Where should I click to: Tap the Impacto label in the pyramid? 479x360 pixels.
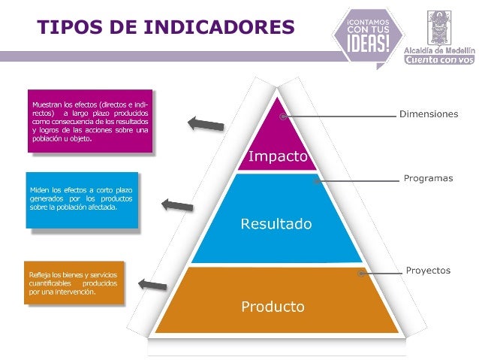click(x=278, y=156)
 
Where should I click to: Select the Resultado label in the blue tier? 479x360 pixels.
click(x=276, y=224)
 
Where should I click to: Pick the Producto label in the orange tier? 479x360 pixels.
click(x=273, y=307)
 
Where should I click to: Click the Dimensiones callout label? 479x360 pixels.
click(x=427, y=114)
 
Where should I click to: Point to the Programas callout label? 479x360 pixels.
click(x=428, y=178)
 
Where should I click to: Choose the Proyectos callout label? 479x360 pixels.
click(x=428, y=270)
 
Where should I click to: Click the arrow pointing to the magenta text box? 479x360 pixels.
click(x=205, y=123)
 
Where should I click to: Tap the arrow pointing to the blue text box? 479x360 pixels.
click(x=178, y=204)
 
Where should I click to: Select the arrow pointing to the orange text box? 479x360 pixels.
click(x=152, y=284)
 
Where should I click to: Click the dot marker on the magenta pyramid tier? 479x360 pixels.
click(x=283, y=116)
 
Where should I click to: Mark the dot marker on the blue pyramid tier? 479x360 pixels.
click(x=316, y=180)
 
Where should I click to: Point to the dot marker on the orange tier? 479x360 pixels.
click(x=361, y=274)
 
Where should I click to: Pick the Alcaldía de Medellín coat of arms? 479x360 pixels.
click(x=439, y=25)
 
